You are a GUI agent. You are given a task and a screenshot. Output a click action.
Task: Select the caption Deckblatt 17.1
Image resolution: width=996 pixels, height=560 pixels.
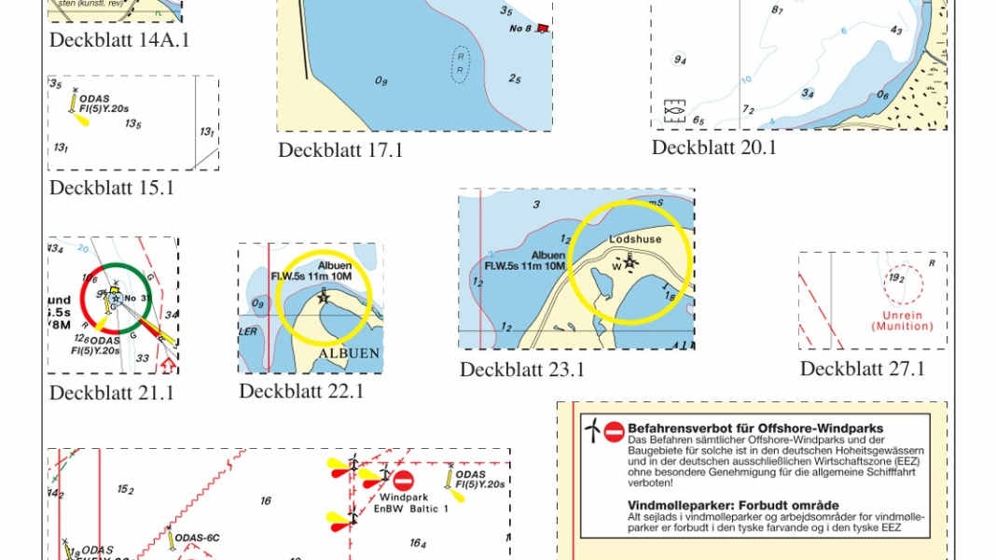point(340,149)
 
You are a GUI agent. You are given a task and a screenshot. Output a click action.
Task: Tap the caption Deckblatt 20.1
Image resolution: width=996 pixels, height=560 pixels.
point(714,147)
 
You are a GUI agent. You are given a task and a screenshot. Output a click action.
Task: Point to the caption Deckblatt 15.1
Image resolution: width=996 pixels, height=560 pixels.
point(112,188)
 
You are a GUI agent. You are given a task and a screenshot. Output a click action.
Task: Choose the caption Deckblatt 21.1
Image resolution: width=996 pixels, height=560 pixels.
point(112,393)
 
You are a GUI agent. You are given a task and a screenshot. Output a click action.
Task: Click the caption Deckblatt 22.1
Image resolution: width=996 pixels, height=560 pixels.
point(301,391)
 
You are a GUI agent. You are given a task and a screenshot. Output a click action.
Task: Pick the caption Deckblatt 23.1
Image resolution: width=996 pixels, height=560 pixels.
point(522,370)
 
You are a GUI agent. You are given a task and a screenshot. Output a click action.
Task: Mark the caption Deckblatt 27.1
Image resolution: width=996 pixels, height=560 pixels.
point(863,369)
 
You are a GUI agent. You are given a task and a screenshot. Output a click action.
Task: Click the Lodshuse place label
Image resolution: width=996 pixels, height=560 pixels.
point(635,240)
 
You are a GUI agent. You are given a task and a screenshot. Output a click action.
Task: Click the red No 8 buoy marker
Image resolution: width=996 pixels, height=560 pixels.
point(542,29)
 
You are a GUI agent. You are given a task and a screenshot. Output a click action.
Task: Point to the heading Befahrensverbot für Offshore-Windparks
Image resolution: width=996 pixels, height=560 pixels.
point(755,428)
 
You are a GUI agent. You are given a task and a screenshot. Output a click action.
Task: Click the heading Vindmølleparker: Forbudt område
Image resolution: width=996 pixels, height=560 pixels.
point(733,505)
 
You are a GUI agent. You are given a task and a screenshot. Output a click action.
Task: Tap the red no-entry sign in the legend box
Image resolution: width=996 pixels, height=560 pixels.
point(614,431)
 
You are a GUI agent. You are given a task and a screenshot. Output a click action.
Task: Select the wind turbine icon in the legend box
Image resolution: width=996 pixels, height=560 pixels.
point(591,429)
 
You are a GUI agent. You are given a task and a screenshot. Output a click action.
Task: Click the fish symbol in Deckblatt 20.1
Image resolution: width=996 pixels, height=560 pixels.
point(674,107)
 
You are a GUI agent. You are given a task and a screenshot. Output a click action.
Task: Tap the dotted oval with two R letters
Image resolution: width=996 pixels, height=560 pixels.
point(460,64)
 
